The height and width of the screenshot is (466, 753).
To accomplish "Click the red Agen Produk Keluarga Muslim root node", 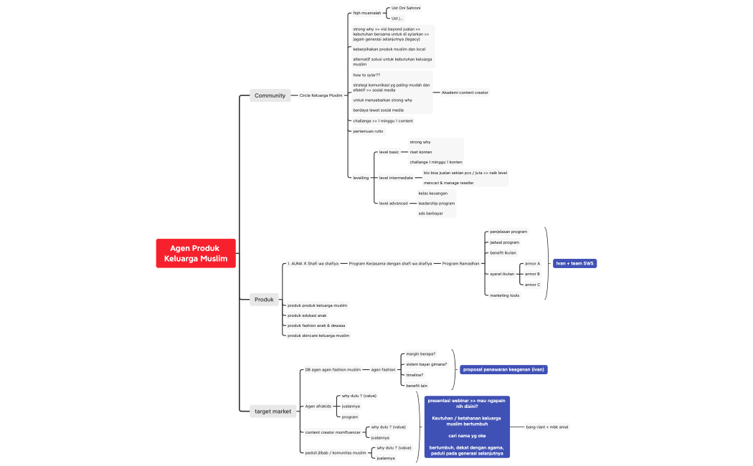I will coord(195,253).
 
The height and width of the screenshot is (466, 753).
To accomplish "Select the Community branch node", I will coord(270,95).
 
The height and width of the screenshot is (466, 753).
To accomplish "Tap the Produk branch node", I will coord(264,300).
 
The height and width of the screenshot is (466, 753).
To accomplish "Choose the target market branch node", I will coord(273,412).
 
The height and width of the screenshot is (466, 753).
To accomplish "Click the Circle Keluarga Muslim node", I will coord(321,95).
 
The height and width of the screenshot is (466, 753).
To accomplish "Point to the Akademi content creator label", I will coord(465,92).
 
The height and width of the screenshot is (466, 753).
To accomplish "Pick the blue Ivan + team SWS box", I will coord(575,263).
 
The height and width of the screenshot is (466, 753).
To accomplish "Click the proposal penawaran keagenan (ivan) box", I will coord(504,369).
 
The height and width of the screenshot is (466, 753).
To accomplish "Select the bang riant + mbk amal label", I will coord(547,427).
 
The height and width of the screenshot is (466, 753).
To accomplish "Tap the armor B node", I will coord(532,274).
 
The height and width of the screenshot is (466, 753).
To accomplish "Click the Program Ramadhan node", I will coord(460,264).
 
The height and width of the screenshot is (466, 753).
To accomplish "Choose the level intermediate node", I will coord(396,178).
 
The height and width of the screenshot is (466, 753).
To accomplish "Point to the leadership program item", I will coord(436,204).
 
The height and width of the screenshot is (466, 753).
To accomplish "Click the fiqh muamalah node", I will coord(367,13).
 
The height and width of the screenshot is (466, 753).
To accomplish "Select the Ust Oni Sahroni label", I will coord(406,8).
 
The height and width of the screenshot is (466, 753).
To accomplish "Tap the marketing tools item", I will coord(504,295).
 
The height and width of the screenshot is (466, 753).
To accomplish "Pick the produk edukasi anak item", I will coord(307,315).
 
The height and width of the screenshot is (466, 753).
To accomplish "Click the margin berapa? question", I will coord(420,354).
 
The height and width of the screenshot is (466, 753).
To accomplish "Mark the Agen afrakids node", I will coord(318,406).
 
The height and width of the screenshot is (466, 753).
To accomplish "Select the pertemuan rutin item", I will coord(368,131).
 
